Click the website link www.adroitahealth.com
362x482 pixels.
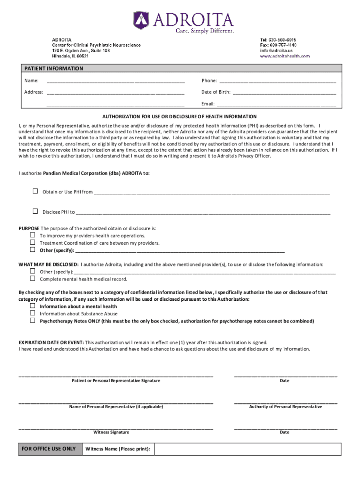[x=285, y=56]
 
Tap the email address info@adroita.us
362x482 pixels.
[x=276, y=50]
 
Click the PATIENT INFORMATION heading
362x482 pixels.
[x=54, y=69]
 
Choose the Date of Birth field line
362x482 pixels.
[x=284, y=92]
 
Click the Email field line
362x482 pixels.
[x=276, y=104]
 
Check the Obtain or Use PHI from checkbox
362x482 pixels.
[x=35, y=191]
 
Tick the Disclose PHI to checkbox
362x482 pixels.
[x=35, y=211]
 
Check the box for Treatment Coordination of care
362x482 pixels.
[x=33, y=242]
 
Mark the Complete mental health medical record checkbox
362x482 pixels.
[x=33, y=279]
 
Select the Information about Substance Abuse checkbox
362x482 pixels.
[x=33, y=313]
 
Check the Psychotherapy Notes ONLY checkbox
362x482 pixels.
[x=33, y=321]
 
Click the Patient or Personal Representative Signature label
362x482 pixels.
[x=116, y=380]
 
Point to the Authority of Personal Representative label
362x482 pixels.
[x=285, y=407]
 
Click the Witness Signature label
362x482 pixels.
[x=111, y=432]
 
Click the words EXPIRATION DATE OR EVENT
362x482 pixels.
[x=51, y=342]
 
